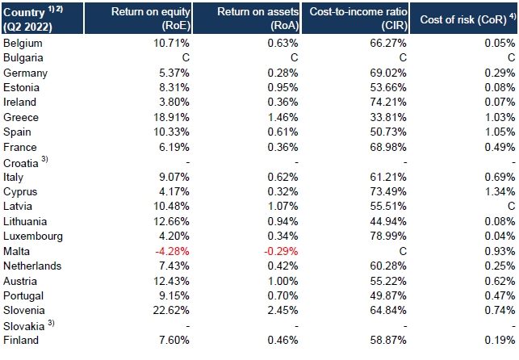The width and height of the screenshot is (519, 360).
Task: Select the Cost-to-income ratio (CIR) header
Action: pos(355,18)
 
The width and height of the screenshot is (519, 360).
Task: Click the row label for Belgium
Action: pos(23,43)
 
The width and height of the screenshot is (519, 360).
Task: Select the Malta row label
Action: pos(18,251)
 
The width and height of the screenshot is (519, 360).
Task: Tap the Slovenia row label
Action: pos(24,310)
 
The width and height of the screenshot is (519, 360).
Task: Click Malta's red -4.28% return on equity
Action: pos(171,251)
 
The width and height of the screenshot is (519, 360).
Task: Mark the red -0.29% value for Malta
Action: pos(283,251)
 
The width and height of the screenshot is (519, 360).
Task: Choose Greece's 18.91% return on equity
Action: pos(170,117)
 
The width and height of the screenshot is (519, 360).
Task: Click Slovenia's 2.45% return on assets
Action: pos(284,310)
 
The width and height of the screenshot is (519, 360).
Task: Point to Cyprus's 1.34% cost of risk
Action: pos(501,191)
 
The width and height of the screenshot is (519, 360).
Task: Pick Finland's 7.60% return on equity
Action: pos(173,340)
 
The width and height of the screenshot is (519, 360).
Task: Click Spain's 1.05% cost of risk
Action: pos(501,132)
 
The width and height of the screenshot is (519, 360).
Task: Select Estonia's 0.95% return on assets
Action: pos(284,87)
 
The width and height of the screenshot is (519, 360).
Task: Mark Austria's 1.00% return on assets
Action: pos(284,280)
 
